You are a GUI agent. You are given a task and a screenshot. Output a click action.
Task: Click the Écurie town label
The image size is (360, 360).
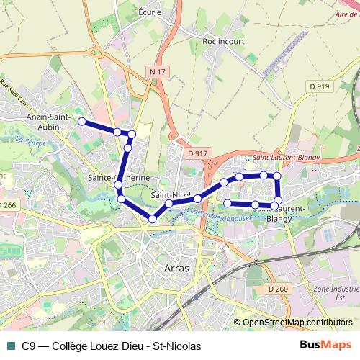click(149, 12)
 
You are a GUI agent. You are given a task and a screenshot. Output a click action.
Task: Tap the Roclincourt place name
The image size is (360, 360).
click(225, 42)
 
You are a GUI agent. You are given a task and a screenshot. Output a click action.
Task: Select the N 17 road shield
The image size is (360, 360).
click(158, 71)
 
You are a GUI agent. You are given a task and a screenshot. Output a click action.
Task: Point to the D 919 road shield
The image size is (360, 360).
click(319, 86)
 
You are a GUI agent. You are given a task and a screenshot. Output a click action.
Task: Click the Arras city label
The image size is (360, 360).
click(176, 268)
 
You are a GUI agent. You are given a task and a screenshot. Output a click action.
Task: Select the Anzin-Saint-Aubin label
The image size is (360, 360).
click(47, 121)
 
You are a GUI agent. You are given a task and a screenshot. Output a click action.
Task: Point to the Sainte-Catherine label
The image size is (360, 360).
click(118, 178)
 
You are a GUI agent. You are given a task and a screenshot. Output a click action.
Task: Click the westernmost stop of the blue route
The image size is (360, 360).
click(82, 122)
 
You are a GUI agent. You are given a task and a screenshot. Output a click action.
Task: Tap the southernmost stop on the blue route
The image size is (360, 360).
click(153, 219)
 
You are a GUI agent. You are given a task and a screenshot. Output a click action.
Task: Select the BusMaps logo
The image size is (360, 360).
click(325, 346)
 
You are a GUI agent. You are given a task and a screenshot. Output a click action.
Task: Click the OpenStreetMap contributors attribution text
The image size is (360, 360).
click(297, 323)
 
